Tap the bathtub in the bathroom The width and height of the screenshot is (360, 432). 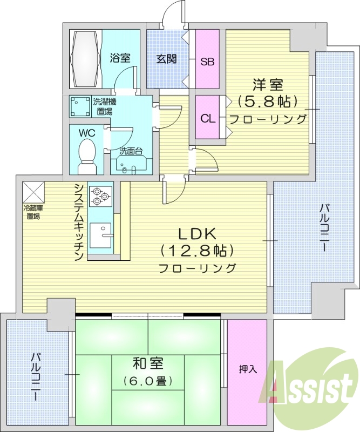(85, 58)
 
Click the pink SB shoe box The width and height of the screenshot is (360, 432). (207, 60)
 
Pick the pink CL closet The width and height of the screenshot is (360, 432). (206, 118)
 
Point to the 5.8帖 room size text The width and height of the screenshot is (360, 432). (268, 101)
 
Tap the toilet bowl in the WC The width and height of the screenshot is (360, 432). (86, 154)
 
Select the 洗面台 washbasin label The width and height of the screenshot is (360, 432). (130, 152)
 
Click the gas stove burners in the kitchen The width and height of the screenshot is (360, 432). (99, 195)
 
